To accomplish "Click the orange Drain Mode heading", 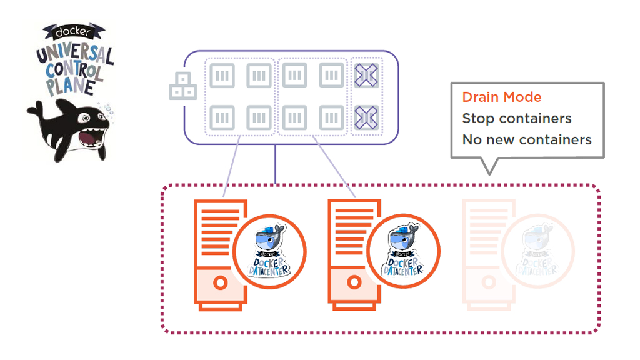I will tap(501, 97).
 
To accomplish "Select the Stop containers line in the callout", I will tap(516, 118).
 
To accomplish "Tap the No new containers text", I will tap(526, 139).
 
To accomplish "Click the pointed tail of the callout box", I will tap(491, 166).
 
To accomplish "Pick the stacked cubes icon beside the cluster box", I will tap(183, 87).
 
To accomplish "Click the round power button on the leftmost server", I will tap(219, 282).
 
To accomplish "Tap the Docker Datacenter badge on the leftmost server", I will tap(269, 252).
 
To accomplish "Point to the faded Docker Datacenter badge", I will tap(538, 252).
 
